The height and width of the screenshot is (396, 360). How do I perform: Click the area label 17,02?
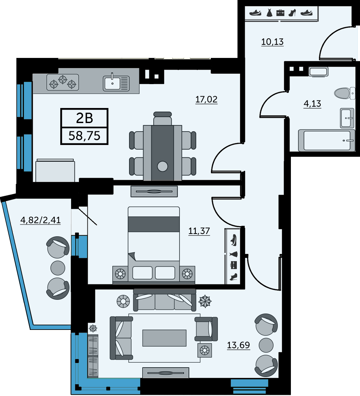[x=206, y=99]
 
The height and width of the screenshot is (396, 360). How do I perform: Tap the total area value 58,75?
[x=85, y=136]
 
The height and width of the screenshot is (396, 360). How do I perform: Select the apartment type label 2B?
[x=85, y=118]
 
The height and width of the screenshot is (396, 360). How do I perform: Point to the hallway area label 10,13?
[x=272, y=42]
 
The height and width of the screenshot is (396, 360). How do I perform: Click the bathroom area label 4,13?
[x=312, y=104]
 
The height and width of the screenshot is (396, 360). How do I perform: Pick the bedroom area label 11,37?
[x=199, y=231]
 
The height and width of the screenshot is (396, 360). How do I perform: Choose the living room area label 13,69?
[x=238, y=345]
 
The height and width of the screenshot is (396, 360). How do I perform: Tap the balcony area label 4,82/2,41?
[x=40, y=220]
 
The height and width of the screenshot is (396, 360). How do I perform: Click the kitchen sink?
[x=116, y=83]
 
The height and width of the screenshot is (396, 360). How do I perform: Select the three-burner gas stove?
[x=63, y=82]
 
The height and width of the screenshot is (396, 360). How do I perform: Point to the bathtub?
[x=327, y=140]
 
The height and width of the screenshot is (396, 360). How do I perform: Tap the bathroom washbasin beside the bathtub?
[x=347, y=118]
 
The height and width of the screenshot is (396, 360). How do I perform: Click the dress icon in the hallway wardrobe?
[x=269, y=13]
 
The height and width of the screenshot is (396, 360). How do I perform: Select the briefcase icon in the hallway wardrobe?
[x=280, y=13]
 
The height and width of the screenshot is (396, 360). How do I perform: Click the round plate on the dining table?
[x=162, y=166]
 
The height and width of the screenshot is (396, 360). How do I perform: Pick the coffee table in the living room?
[x=164, y=338]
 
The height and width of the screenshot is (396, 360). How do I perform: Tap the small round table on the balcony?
[x=58, y=268]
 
